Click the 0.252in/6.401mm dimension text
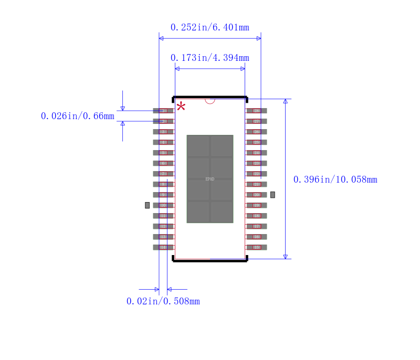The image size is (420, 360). [x=209, y=27]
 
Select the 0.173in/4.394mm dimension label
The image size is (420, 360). [x=209, y=58]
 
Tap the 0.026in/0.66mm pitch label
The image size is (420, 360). [x=77, y=116]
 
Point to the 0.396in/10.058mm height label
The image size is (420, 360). [x=335, y=179]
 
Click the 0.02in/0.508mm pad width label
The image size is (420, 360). [x=163, y=301]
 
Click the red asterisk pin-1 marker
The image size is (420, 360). [x=181, y=107]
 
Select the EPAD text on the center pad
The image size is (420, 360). [x=209, y=179]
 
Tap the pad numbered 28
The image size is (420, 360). [x=257, y=111]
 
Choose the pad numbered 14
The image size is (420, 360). [x=163, y=247]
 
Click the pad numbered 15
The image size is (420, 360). [x=257, y=247]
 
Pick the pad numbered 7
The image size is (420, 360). [x=163, y=174]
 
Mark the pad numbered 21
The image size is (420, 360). [x=257, y=184]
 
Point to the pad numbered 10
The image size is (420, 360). [x=163, y=205]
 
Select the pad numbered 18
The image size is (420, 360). [x=257, y=216]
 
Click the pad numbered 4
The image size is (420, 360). [x=163, y=142]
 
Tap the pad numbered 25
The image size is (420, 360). [x=257, y=142]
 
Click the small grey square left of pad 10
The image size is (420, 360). [x=148, y=205]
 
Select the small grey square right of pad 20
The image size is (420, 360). [x=272, y=195]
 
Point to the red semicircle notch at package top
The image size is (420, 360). [x=210, y=101]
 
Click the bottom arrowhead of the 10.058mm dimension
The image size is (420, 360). [x=286, y=257]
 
